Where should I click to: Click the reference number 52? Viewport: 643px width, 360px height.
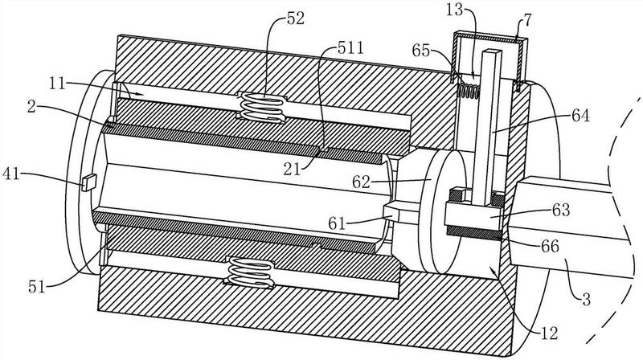tap(296, 18)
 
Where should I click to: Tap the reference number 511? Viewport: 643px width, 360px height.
tap(350, 48)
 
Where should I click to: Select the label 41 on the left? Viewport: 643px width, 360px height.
tap(11, 174)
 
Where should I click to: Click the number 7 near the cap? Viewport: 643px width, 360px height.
tap(527, 21)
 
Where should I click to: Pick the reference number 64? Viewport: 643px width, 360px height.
tap(580, 116)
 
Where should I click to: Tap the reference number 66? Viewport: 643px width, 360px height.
tap(550, 246)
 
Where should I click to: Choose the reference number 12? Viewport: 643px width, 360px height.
tap(549, 333)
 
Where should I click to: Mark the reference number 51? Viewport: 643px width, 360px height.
tap(36, 287)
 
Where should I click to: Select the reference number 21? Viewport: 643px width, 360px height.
tap(292, 169)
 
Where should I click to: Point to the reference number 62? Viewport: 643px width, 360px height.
tap(362, 182)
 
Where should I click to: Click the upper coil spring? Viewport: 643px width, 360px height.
tap(262, 108)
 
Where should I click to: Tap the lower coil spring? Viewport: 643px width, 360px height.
tap(250, 273)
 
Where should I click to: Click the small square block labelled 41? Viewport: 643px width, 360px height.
tap(88, 182)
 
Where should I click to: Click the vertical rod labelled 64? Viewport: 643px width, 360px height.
tap(487, 127)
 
